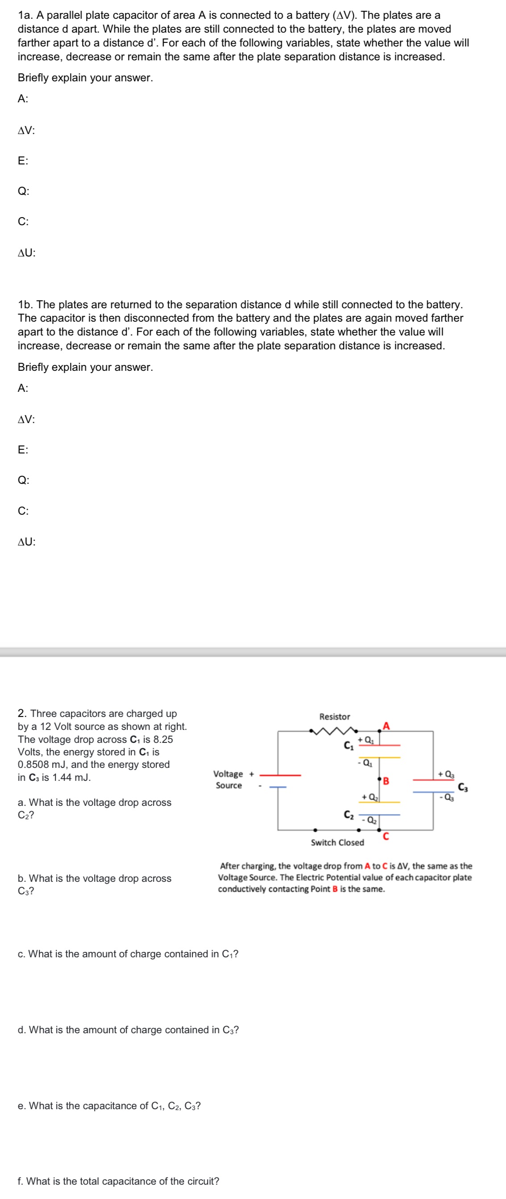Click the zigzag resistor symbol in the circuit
[x=334, y=731]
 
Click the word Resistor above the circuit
[x=334, y=717]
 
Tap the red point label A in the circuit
[x=386, y=726]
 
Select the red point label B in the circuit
[x=386, y=780]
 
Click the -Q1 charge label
[x=365, y=763]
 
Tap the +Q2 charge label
[x=370, y=797]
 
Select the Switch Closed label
[x=337, y=843]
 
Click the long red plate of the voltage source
[x=280, y=775]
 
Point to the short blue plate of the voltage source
[x=278, y=787]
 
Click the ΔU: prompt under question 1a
[x=26, y=253]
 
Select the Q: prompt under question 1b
[x=23, y=480]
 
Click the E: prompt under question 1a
[x=23, y=161]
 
